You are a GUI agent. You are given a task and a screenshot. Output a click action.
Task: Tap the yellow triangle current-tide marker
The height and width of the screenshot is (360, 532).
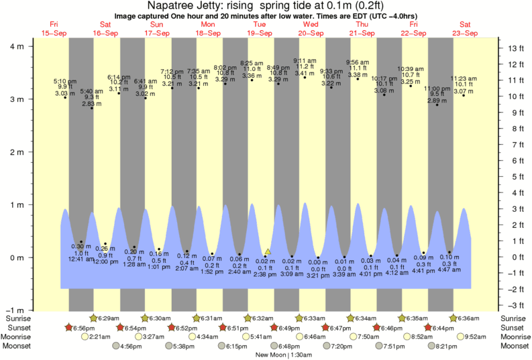coord(268,252)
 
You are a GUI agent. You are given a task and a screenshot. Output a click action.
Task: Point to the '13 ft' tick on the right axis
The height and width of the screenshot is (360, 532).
coord(515,49)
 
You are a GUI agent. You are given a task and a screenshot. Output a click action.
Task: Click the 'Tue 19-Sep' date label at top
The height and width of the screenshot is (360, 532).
coord(260,29)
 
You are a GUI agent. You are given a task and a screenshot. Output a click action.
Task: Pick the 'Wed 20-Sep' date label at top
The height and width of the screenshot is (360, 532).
coord(311,29)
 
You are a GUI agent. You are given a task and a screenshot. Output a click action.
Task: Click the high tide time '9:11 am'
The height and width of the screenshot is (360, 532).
coord(305,60)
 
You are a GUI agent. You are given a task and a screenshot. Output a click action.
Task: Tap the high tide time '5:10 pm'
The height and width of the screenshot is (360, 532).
coord(65,81)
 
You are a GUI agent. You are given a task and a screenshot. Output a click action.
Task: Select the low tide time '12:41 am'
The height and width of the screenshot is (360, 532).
coord(81,259)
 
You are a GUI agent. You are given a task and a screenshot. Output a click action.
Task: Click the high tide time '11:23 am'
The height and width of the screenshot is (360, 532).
coord(464,78)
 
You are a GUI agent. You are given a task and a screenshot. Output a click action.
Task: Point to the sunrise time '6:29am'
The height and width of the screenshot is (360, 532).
coord(109,318)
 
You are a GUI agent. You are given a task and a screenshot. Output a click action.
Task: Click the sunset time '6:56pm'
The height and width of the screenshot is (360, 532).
coord(84,327)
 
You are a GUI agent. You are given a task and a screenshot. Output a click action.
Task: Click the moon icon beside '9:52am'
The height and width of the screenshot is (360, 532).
coord(461,337)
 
